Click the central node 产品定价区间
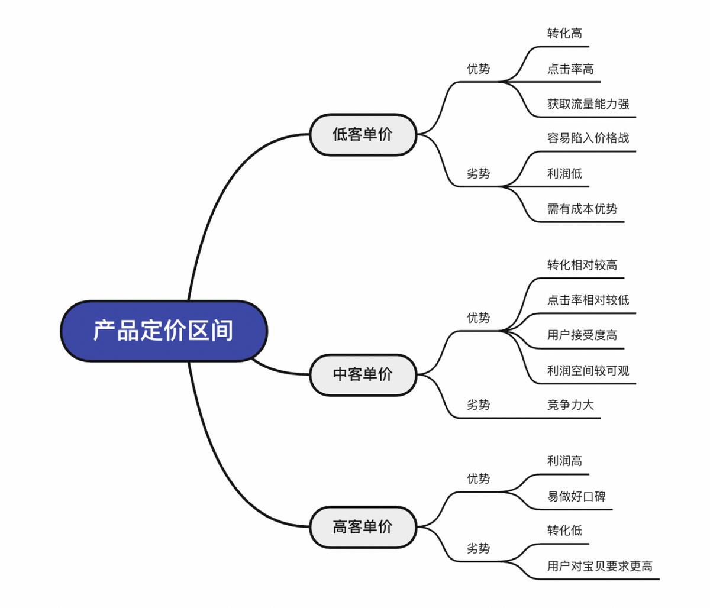click(163, 331)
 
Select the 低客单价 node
click(363, 134)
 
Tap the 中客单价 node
click(363, 374)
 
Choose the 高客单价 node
click(363, 526)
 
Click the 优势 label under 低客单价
click(478, 69)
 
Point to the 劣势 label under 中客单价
click(478, 405)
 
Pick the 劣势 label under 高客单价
click(478, 549)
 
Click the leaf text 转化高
click(564, 34)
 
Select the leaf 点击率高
click(570, 69)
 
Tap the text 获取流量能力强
click(588, 104)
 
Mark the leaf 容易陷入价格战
click(588, 138)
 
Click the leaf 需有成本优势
click(582, 209)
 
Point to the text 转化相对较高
click(582, 265)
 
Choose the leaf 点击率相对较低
click(588, 300)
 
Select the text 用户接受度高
click(582, 335)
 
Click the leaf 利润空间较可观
click(588, 371)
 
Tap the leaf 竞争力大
click(570, 405)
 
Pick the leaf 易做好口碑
click(576, 497)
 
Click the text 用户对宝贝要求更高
click(600, 567)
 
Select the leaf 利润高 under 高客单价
click(564, 461)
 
